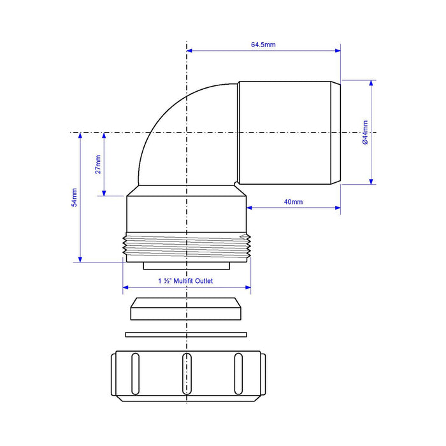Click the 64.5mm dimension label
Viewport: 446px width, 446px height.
point(263,45)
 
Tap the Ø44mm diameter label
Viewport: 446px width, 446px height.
point(365,133)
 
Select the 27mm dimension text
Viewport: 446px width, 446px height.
point(98,164)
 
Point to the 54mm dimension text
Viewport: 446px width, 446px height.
point(75,198)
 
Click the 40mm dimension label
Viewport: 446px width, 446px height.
point(293,202)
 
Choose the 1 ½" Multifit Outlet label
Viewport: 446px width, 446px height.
point(185,281)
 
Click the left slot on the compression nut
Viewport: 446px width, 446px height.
point(135,374)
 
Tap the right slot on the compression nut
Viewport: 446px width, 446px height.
point(238,374)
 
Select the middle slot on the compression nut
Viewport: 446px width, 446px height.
point(187,374)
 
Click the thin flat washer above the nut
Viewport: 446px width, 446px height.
point(186,334)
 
